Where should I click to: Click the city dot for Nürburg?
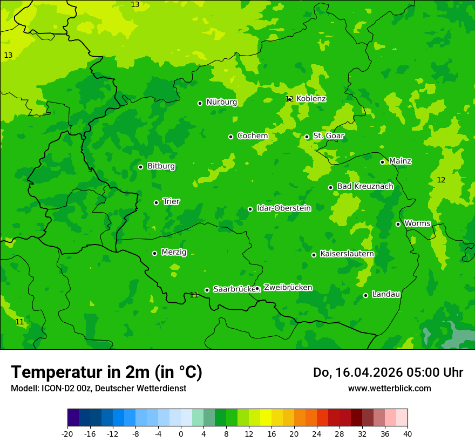point(200,103)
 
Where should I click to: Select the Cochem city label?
point(252,136)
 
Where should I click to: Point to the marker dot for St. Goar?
point(307,137)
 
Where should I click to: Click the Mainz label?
point(400,161)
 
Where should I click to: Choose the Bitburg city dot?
point(140,167)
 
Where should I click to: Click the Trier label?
point(171,201)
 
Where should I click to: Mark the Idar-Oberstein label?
point(284,208)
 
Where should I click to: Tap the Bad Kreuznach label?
point(365,186)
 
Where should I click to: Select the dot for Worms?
point(398,224)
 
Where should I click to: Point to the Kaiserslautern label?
point(347,254)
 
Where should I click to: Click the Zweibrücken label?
point(288,288)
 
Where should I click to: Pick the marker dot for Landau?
point(365,295)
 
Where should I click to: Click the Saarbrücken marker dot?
point(207,290)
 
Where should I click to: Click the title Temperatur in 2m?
point(106,372)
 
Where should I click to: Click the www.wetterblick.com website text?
point(389,389)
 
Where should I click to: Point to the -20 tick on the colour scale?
point(67,433)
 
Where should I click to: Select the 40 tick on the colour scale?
point(408,433)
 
